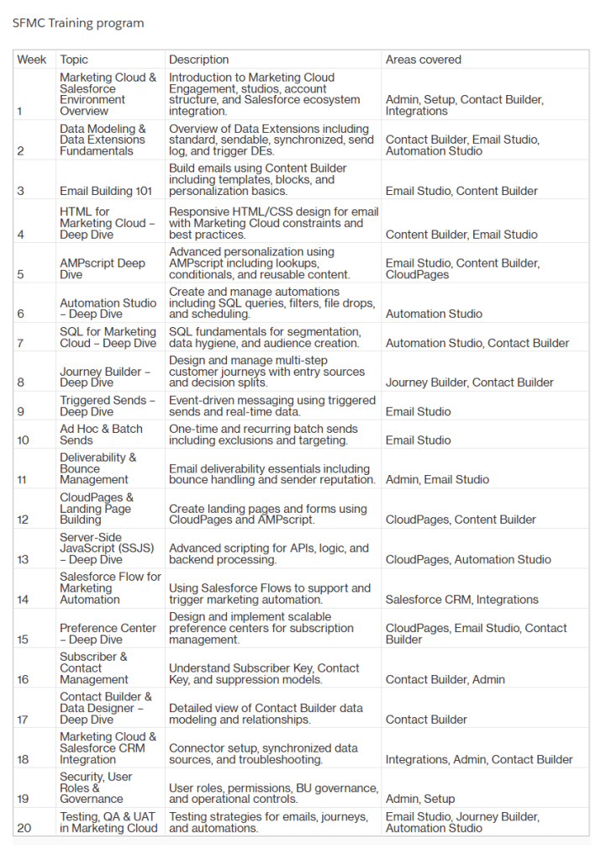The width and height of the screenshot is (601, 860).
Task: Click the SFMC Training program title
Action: [78, 23]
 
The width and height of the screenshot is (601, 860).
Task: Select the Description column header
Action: [198, 60]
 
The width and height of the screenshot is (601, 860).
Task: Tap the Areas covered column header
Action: [423, 60]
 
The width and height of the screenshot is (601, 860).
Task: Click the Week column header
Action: [32, 60]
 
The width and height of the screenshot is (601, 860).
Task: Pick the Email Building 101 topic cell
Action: [106, 191]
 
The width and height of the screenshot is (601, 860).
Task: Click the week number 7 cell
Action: [22, 343]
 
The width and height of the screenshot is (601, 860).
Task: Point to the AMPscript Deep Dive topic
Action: [103, 268]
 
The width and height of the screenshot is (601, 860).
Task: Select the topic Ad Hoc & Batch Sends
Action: [101, 434]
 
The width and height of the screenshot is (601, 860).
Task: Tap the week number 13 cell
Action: [23, 559]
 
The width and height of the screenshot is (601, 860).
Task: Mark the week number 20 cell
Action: [24, 828]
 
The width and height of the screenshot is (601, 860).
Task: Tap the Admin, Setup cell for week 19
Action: [419, 799]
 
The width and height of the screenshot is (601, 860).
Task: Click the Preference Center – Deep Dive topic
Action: [108, 634]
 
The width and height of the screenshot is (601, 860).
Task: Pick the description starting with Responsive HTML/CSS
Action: [273, 223]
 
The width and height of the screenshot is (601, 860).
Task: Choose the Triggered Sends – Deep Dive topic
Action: [107, 406]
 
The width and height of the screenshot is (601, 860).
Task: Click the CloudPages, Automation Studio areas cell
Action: [468, 559]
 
